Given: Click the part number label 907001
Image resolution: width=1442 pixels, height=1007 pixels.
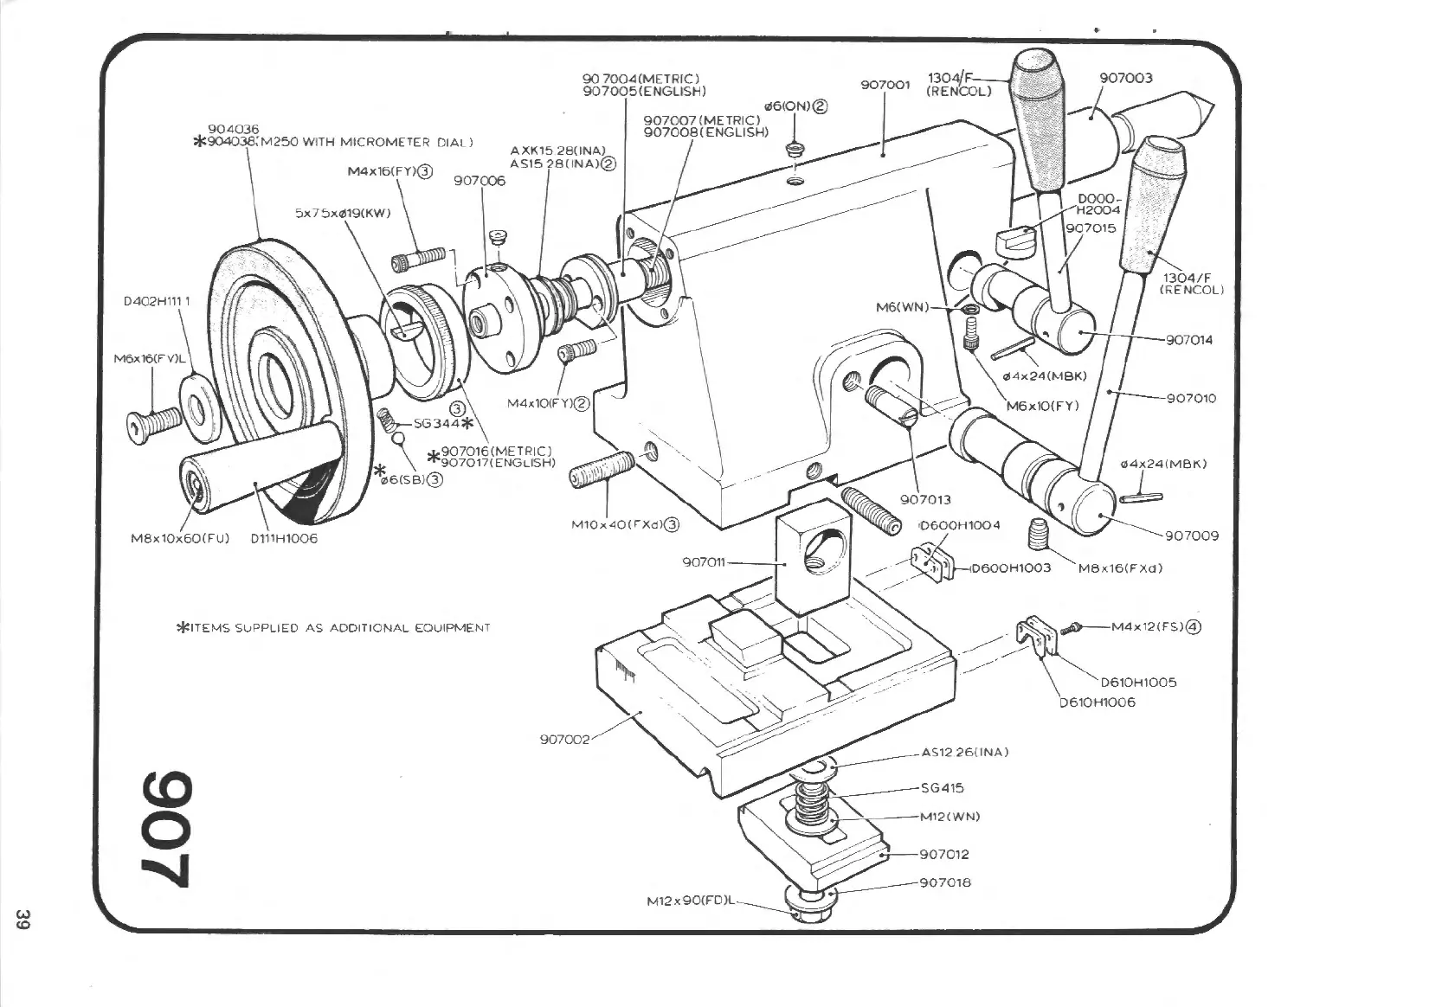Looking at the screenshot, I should [x=885, y=85].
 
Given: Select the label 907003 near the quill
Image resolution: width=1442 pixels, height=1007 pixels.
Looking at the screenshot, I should [x=1125, y=78].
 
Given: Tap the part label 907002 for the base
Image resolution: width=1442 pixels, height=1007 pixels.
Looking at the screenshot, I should [x=564, y=740].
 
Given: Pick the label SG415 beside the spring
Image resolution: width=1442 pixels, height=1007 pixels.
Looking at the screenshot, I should [x=943, y=788].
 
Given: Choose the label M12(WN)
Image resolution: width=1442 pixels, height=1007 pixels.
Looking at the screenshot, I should [x=950, y=817].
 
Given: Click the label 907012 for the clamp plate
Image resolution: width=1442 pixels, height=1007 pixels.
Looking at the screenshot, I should [x=943, y=855].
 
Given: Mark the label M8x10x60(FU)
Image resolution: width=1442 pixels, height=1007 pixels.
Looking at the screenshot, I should [x=180, y=538].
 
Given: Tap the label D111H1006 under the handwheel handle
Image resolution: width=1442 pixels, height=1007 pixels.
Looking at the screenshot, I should [x=284, y=538].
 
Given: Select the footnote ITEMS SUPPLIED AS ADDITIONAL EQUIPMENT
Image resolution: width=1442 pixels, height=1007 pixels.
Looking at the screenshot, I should [x=333, y=628].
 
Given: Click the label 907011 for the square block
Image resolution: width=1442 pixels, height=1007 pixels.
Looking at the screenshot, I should [x=704, y=562].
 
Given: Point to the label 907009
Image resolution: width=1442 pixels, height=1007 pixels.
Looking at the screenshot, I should [x=1191, y=536].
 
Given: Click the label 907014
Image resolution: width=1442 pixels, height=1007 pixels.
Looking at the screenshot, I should [x=1188, y=340].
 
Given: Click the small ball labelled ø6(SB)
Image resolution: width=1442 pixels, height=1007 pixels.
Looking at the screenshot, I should [x=398, y=439].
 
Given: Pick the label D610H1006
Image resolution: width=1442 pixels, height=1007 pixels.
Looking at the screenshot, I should [x=1097, y=702].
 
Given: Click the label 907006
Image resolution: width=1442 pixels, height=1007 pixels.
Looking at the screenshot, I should [x=480, y=181].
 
